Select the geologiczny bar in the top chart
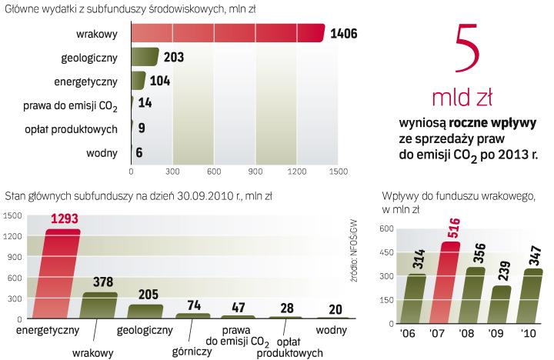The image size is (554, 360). [x=145, y=58]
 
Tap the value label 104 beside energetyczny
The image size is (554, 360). [x=162, y=81]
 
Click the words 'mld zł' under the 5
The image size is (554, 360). [x=462, y=98]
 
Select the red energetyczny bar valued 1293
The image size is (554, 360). [x=62, y=273]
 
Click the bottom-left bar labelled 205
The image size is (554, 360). [x=145, y=311]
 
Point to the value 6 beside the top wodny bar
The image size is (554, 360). [x=139, y=152]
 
